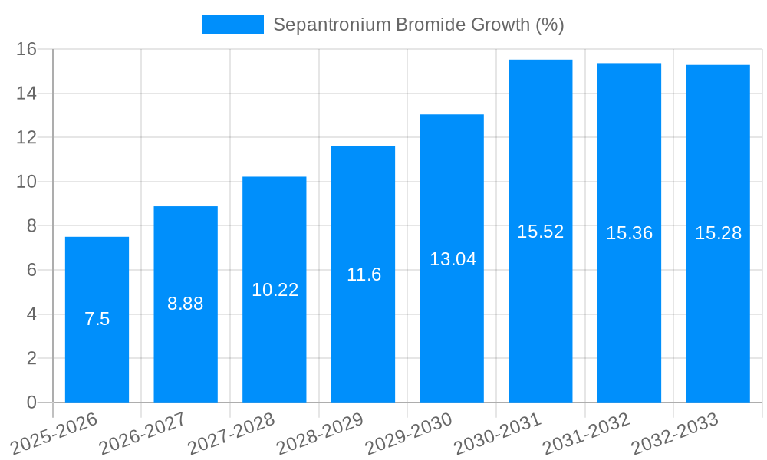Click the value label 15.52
coord(540,232)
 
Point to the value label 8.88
coord(186,304)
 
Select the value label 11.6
coord(364,274)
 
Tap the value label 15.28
coord(718,233)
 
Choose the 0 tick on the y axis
coord(31,402)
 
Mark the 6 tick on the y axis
coord(31,270)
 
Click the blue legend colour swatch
coord(232,25)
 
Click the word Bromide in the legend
coord(426,25)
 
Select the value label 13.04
coord(453,259)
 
